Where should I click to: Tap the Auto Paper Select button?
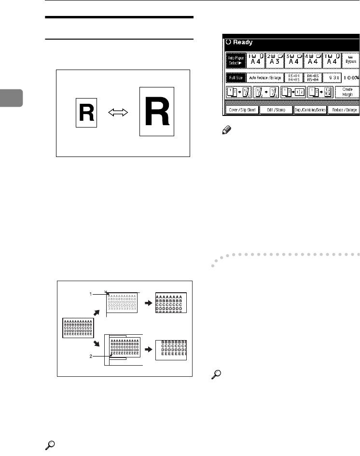(236, 62)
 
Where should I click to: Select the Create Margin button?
(346, 92)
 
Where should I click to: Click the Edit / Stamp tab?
(275, 110)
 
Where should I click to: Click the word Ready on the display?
(248, 42)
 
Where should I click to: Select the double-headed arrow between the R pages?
(118, 113)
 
